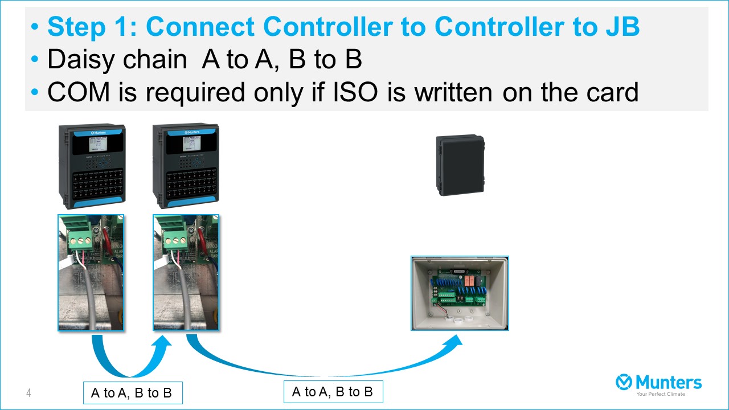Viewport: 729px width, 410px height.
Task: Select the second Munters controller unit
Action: (x=186, y=166)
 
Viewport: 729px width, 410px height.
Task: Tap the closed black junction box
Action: (x=460, y=165)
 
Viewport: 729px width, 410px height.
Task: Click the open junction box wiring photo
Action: (x=460, y=293)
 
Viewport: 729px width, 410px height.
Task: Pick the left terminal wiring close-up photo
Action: (x=91, y=273)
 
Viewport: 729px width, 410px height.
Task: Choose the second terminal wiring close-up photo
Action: (x=186, y=273)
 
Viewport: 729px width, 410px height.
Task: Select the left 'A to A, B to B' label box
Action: (x=132, y=393)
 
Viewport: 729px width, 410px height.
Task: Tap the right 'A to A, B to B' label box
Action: (x=333, y=392)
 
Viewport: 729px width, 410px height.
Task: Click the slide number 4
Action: (x=28, y=393)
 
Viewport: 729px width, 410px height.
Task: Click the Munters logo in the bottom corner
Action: (x=659, y=382)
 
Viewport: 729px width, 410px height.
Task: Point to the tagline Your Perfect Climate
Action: (x=661, y=394)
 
